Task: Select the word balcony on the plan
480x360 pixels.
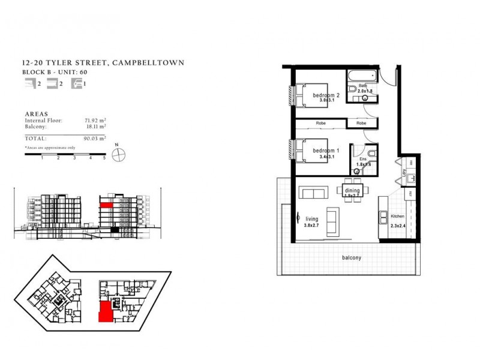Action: (x=351, y=257)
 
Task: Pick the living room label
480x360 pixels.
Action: (x=311, y=219)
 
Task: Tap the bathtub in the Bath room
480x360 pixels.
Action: (x=361, y=76)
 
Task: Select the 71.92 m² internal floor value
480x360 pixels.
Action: (x=95, y=121)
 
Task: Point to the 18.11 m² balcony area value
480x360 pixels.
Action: (x=95, y=127)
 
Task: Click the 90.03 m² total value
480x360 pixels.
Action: (x=95, y=138)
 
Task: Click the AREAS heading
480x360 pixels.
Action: (x=37, y=113)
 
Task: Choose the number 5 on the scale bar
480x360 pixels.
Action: (x=104, y=158)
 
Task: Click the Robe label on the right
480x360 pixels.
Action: (x=361, y=123)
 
